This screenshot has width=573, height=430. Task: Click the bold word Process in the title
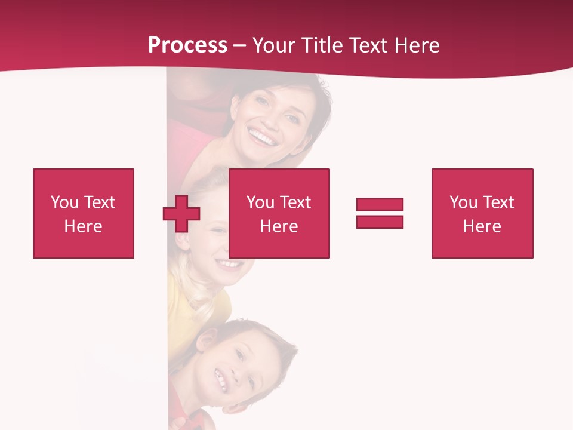pos(187,45)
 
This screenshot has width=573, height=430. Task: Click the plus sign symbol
pos(181,214)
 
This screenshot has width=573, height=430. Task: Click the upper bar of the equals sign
pos(380,204)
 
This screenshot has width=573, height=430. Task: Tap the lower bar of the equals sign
pos(380,222)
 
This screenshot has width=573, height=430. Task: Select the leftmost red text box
pos(83,213)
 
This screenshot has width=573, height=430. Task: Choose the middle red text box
pos(279,213)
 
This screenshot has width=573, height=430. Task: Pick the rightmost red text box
pos(482,213)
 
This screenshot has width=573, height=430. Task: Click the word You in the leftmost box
pos(64,202)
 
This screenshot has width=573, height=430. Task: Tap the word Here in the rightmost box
pos(482,226)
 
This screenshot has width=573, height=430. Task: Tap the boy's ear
pos(204,342)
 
